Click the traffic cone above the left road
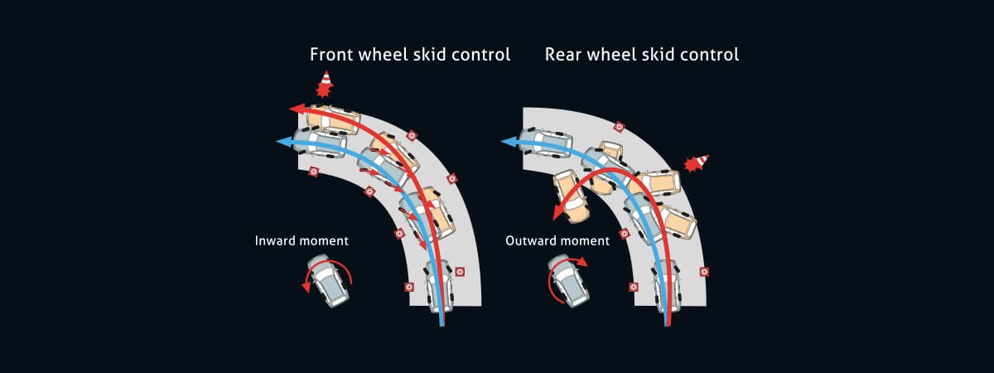coord(326,84)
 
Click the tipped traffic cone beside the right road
coord(696,162)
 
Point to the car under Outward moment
coord(569,280)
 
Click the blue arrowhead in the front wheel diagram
coord(282,143)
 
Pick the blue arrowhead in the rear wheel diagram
coord(507,143)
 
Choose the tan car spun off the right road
coord(571,197)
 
